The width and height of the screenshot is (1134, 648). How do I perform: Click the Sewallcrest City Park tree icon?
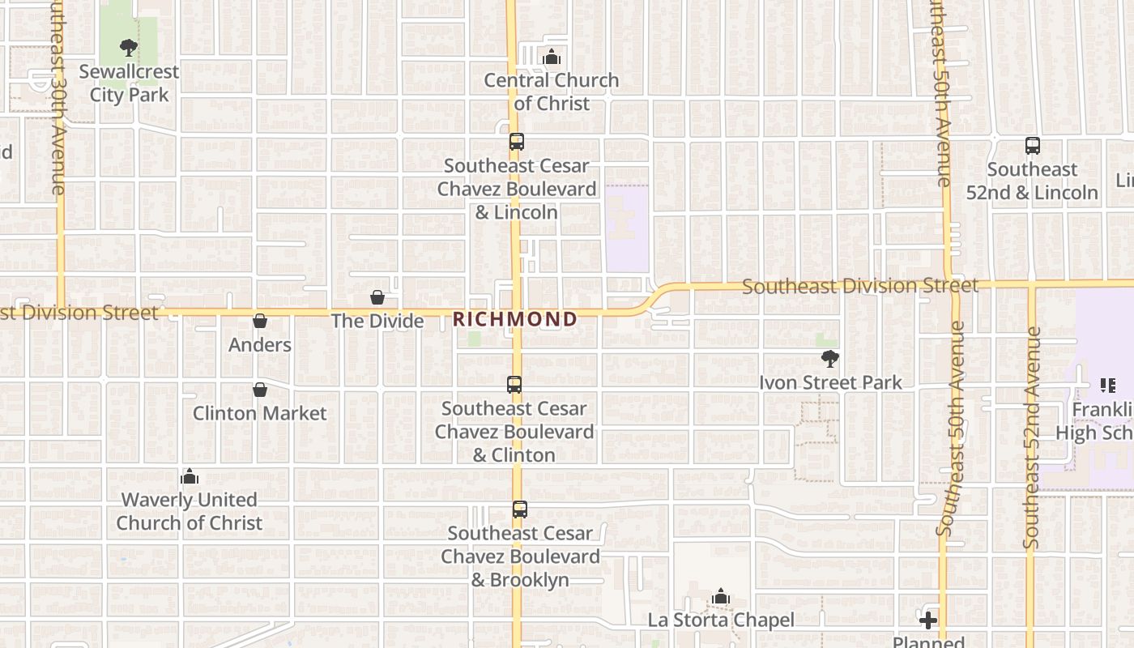point(128,48)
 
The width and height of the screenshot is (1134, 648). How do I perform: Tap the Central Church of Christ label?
point(552,92)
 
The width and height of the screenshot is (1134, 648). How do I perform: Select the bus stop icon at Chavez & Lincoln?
point(516,142)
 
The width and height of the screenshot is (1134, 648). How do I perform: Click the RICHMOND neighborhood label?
point(515,319)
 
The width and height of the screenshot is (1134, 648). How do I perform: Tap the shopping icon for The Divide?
point(377,297)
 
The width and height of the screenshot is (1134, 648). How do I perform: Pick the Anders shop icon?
point(259,321)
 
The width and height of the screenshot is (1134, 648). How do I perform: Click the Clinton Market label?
point(259,413)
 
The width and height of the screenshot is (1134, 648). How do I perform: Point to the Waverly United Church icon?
point(190,476)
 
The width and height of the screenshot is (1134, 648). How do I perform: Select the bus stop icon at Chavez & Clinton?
point(514,385)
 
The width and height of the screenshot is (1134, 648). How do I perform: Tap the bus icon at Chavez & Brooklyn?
point(519,509)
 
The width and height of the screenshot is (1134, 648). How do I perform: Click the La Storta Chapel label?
point(721,620)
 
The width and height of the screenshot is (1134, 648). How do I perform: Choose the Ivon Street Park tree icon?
point(829,358)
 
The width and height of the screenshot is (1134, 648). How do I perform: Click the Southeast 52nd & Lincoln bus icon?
point(1032,146)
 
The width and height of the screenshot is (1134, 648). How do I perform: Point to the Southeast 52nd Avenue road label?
point(1031,437)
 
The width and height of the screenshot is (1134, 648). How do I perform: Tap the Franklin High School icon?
point(1107,386)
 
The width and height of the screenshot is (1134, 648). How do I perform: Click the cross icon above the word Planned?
point(928,621)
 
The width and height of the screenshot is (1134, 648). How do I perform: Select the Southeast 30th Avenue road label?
point(57,97)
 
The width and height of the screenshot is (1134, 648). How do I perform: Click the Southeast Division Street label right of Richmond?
point(859,286)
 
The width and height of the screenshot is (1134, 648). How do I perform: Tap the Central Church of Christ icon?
point(552,57)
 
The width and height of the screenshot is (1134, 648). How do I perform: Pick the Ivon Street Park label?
point(829,382)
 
